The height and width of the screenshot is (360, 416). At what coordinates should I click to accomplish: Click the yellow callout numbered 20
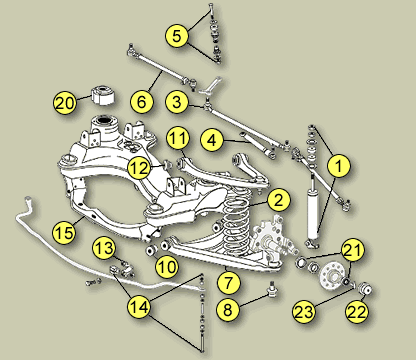pyautogui.click(x=65, y=103)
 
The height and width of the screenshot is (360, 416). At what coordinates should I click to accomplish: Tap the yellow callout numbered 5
pyautogui.click(x=177, y=35)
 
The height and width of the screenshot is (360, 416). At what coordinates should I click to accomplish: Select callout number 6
pyautogui.click(x=142, y=102)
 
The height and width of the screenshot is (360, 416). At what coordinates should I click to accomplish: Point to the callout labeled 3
pyautogui.click(x=177, y=102)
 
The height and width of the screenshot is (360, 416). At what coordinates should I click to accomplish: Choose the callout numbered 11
pyautogui.click(x=178, y=138)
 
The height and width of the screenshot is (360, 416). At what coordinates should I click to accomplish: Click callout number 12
pyautogui.click(x=139, y=168)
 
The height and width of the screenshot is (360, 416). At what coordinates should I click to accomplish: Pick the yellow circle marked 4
pyautogui.click(x=212, y=140)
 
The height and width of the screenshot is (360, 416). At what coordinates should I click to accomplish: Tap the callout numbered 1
pyautogui.click(x=339, y=166)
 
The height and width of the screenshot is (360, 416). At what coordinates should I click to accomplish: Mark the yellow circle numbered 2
pyautogui.click(x=278, y=200)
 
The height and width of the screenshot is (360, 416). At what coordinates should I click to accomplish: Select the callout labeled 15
pyautogui.click(x=65, y=232)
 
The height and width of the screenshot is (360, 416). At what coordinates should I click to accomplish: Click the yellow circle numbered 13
pyautogui.click(x=104, y=248)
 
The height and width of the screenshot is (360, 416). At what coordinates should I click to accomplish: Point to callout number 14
pyautogui.click(x=139, y=307)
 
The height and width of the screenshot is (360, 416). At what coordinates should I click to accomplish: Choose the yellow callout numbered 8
pyautogui.click(x=228, y=309)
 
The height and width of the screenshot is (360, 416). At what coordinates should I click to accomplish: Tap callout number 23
pyautogui.click(x=304, y=312)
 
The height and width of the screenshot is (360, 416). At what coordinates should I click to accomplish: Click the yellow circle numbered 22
pyautogui.click(x=357, y=312)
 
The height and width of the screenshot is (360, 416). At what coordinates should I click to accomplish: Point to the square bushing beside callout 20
pyautogui.click(x=103, y=95)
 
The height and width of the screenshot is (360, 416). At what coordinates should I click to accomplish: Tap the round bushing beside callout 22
pyautogui.click(x=366, y=289)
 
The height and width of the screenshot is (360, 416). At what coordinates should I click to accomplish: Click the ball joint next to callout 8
pyautogui.click(x=273, y=289)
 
